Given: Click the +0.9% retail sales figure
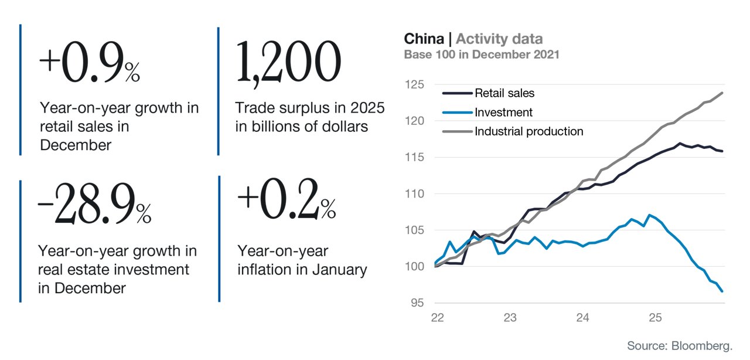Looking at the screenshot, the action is click(x=90, y=62).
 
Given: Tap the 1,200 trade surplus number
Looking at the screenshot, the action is click(x=288, y=63).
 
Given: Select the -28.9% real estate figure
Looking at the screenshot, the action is click(x=94, y=203).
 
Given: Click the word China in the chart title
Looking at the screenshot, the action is click(x=424, y=39).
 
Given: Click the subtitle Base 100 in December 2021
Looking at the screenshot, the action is click(x=482, y=55).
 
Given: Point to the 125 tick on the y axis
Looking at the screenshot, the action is click(x=414, y=84).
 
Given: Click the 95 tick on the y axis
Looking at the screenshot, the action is click(x=418, y=303).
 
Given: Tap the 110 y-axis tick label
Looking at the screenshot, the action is click(x=414, y=193).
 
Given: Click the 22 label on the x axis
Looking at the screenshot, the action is click(x=437, y=317).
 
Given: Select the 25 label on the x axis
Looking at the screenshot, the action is click(x=655, y=317).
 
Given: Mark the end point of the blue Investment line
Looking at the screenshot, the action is click(x=722, y=291).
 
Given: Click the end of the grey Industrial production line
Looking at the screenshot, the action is click(x=722, y=93).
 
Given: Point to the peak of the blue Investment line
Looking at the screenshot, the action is click(x=650, y=215).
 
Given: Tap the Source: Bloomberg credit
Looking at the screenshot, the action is click(x=680, y=345).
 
